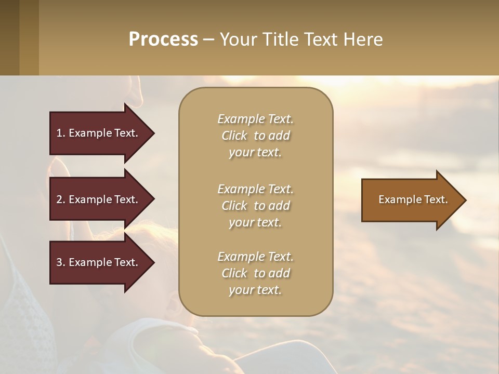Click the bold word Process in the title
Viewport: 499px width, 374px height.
(163, 39)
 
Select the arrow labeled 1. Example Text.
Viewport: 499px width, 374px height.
(99, 133)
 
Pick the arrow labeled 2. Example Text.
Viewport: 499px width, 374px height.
(99, 199)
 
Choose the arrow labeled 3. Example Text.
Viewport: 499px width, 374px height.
(99, 262)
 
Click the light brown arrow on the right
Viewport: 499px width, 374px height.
(411, 200)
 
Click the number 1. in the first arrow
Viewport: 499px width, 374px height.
(61, 133)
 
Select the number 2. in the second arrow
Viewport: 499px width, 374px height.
(61, 199)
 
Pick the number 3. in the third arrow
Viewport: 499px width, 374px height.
(61, 262)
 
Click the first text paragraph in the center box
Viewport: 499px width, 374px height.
(255, 136)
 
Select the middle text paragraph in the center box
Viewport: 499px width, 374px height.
(255, 205)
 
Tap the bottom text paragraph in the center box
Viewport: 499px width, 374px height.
(255, 273)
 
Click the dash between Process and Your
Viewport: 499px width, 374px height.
(208, 40)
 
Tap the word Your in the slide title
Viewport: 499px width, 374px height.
(238, 39)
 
